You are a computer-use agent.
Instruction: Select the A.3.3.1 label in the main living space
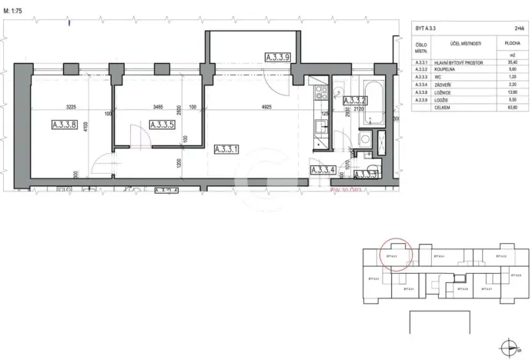(x=229, y=148)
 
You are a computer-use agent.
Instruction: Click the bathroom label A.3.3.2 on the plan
(x=353, y=100)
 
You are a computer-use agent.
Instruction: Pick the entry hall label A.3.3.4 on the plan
(x=323, y=171)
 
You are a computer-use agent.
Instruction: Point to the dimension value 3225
(x=71, y=108)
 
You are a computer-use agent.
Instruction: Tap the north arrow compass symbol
(x=506, y=346)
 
